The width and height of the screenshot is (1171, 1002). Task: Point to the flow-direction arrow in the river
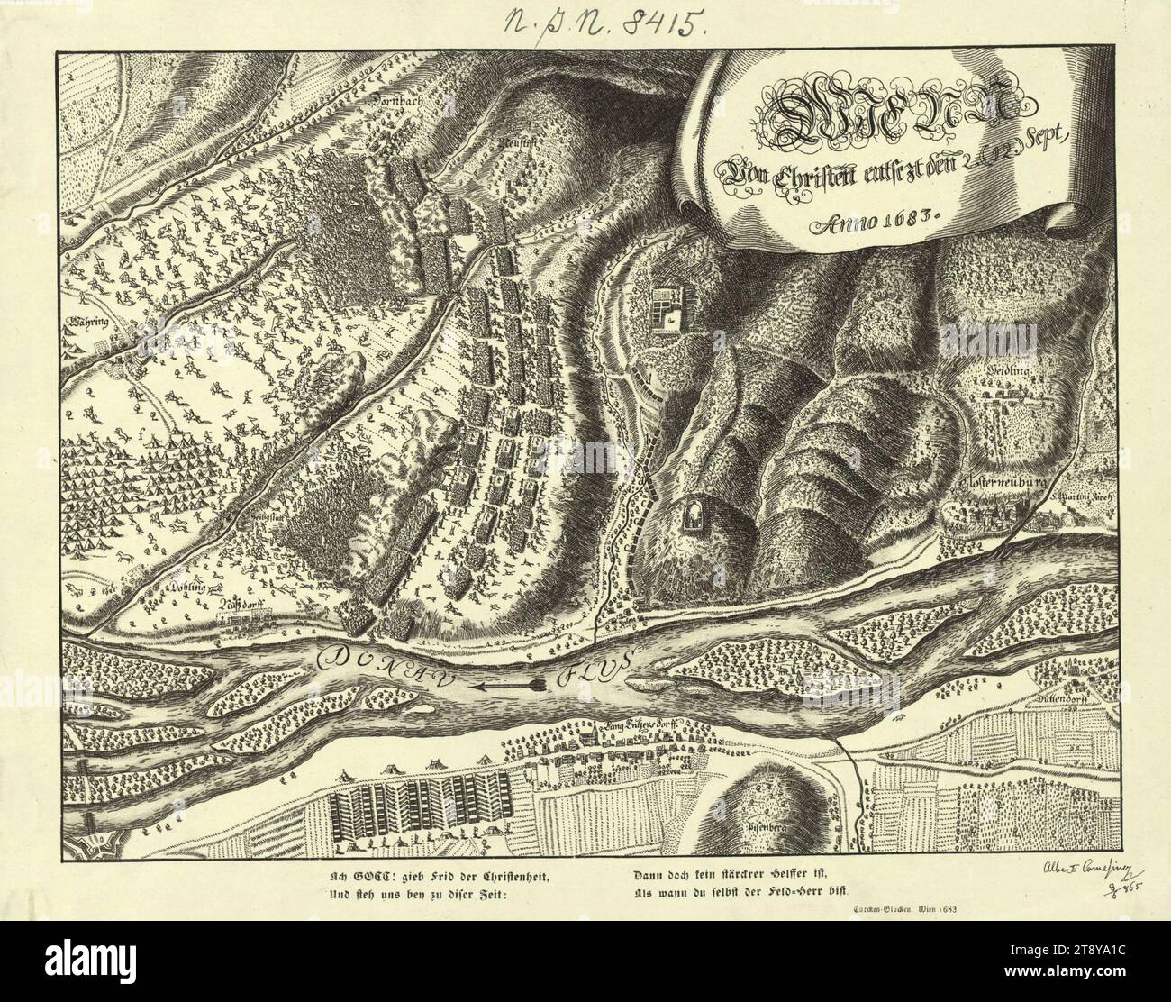pos(509,687)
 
